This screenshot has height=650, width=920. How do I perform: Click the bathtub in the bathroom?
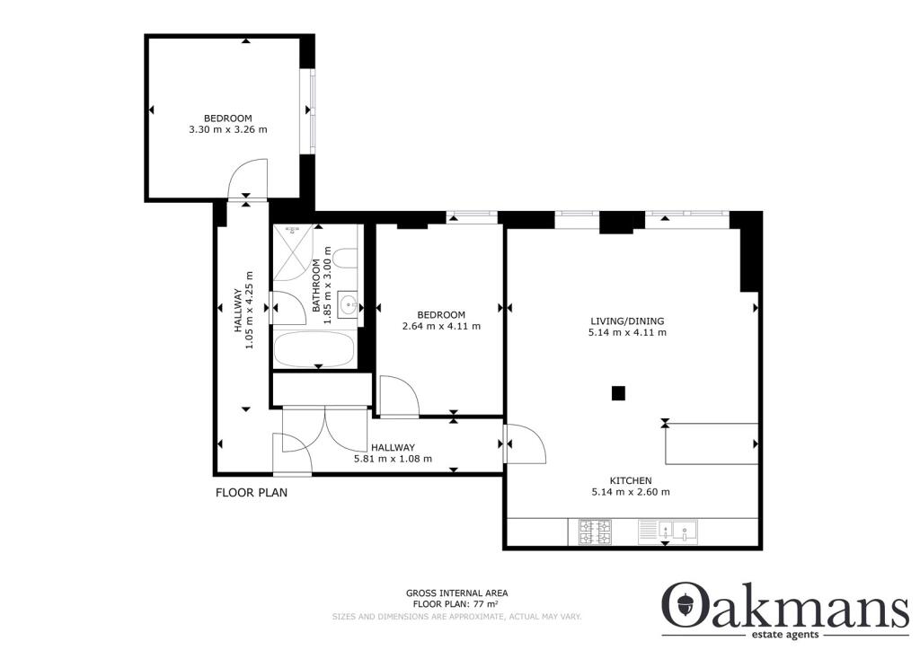(315, 349)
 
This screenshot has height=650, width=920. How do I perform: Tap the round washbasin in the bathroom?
(347, 301)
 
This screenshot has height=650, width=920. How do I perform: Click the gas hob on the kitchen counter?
(595, 532)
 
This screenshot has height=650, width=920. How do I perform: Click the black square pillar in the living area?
(618, 392)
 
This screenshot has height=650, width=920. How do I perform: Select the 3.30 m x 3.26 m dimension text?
(227, 130)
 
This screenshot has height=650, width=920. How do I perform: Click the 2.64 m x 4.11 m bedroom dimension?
(441, 326)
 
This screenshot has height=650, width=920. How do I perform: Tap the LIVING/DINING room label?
(627, 321)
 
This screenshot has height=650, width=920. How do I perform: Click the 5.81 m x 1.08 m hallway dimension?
(393, 459)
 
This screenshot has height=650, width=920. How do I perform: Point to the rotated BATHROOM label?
(317, 285)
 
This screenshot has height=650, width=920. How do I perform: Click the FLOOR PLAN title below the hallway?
(251, 493)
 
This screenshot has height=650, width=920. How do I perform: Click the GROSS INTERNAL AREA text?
(456, 593)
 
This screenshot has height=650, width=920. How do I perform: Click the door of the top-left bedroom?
(249, 177)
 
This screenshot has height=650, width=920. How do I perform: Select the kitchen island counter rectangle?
(710, 443)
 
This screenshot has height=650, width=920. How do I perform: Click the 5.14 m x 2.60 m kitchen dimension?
(630, 492)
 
